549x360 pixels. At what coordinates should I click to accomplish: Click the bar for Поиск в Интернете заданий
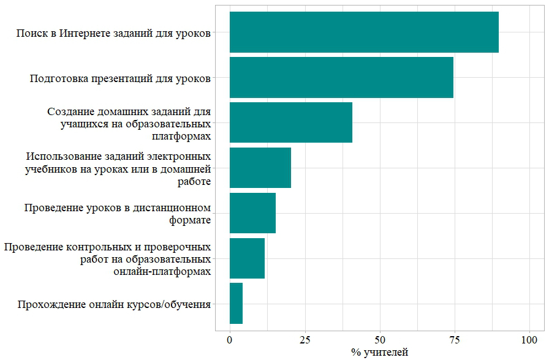pos(364,32)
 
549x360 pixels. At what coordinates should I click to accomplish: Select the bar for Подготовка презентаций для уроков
pos(341,77)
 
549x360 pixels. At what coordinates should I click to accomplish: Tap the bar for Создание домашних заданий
pos(291,122)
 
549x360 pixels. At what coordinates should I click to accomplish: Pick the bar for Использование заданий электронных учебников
pos(260,168)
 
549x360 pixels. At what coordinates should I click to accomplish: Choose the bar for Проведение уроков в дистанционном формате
pos(252,213)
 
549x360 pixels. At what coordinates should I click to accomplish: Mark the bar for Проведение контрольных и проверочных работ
pos(247,258)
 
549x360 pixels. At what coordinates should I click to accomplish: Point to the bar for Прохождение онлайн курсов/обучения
pos(236,304)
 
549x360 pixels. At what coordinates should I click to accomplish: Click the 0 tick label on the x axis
pos(230,339)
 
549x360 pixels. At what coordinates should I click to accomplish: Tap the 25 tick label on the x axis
pos(305,339)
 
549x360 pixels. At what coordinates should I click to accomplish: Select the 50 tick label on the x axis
pos(380,339)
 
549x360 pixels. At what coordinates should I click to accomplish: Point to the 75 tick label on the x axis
pos(455,339)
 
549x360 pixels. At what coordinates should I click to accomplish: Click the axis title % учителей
pos(379,352)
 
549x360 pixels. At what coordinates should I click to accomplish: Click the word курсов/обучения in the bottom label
pos(172,304)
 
